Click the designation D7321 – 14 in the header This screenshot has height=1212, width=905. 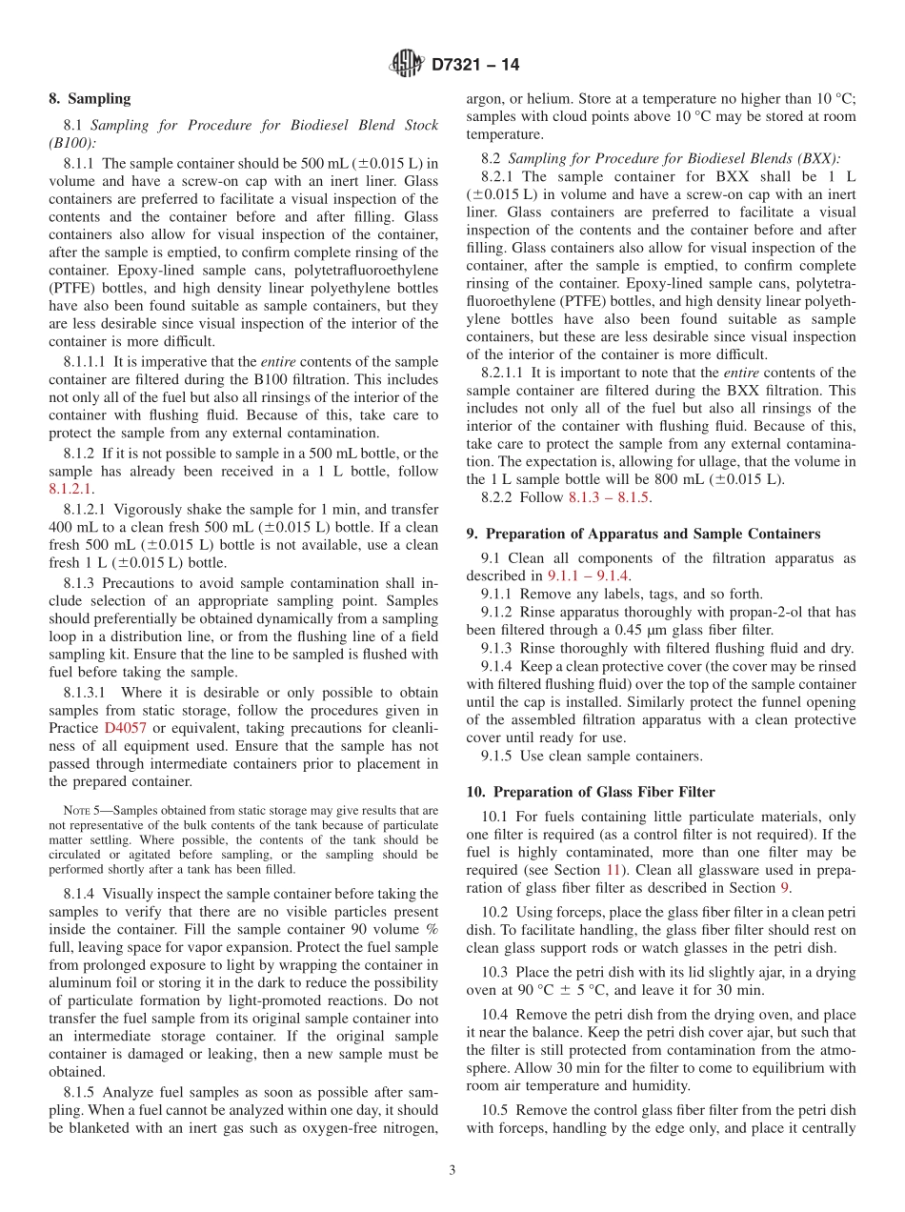coord(475,66)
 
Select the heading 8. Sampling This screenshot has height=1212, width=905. coord(90,98)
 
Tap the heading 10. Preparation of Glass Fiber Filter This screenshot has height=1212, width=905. coord(591,792)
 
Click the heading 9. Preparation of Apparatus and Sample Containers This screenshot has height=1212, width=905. coord(643,534)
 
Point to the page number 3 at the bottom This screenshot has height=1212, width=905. coord(452,1170)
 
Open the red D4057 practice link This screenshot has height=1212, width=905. coord(124,728)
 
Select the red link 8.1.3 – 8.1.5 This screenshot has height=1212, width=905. coord(610,496)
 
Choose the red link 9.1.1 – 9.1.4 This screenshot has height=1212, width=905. coord(588,576)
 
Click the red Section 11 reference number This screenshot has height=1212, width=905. coord(615,870)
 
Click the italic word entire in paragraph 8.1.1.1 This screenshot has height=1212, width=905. coord(278,362)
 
